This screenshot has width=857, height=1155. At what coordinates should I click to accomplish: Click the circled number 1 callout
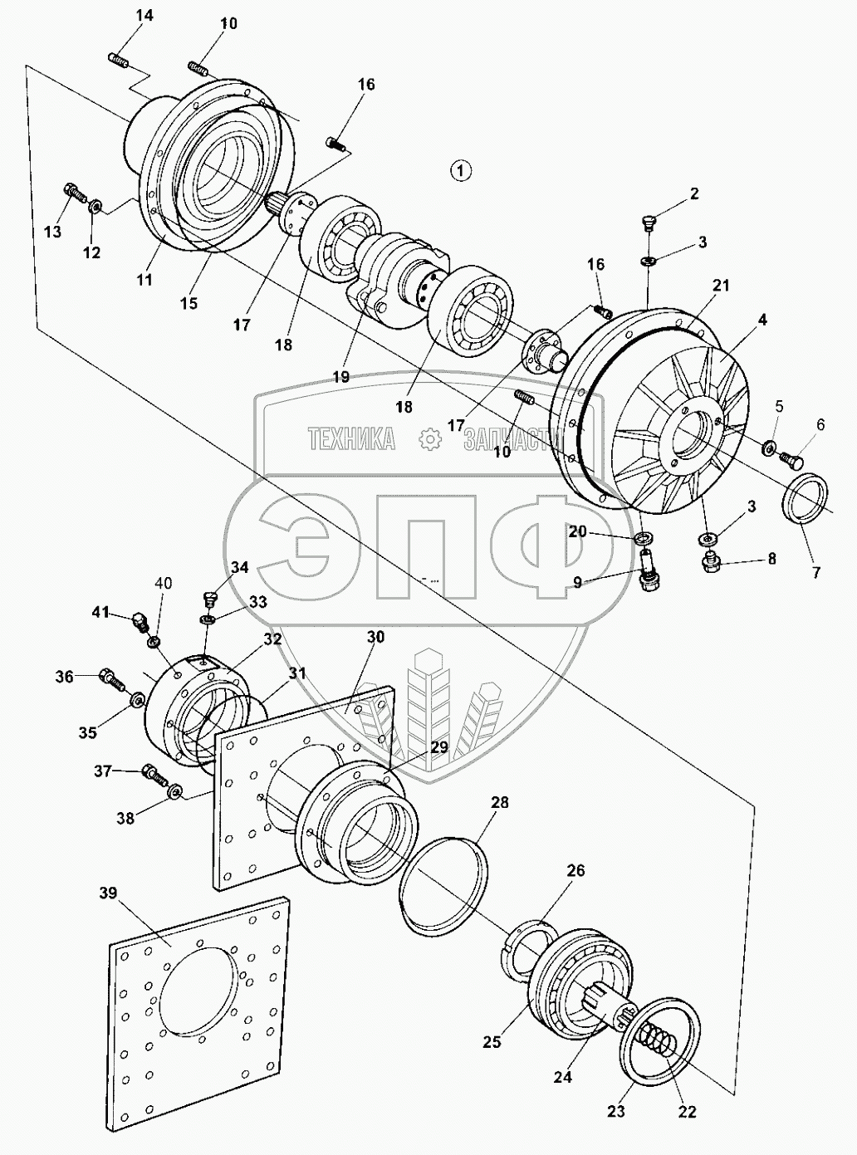pyautogui.click(x=460, y=170)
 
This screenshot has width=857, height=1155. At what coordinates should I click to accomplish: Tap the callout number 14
pyautogui.click(x=144, y=16)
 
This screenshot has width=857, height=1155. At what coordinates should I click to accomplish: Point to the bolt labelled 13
pyautogui.click(x=75, y=193)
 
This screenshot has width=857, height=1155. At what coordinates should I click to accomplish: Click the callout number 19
pyautogui.click(x=340, y=376)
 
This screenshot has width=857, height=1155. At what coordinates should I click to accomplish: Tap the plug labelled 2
pyautogui.click(x=650, y=223)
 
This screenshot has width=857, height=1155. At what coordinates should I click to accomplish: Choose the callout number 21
pyautogui.click(x=720, y=286)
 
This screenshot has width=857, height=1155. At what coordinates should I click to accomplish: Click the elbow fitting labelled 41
pyautogui.click(x=138, y=620)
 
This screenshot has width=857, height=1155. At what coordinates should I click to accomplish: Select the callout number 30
pyautogui.click(x=375, y=637)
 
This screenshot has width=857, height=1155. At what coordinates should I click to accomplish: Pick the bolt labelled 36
pyautogui.click(x=111, y=678)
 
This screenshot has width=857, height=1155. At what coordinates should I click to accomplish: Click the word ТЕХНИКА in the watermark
pyautogui.click(x=351, y=439)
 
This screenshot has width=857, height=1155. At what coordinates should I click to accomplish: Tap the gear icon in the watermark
pyautogui.click(x=429, y=439)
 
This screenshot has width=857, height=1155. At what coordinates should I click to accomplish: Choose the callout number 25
pyautogui.click(x=492, y=1041)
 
